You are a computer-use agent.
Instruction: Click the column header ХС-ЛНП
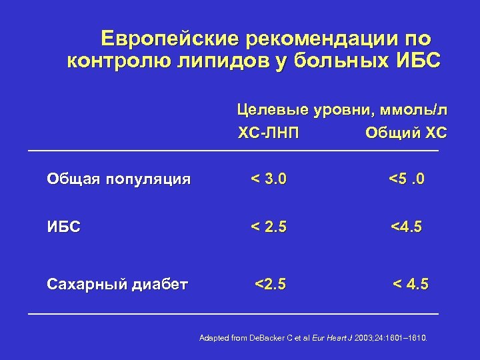269,134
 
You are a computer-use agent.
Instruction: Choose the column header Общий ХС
406,134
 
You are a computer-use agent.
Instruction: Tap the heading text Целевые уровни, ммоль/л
343,109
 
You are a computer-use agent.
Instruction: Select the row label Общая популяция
119,179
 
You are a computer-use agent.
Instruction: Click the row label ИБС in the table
63,227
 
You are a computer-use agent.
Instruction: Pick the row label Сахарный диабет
117,285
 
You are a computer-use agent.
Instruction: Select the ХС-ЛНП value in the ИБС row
269,227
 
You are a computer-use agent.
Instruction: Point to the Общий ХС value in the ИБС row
406,227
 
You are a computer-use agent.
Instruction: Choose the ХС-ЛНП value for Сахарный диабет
270,285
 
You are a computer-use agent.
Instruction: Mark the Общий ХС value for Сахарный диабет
411,285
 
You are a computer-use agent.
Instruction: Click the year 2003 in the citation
365,338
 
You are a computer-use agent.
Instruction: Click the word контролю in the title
112,62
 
